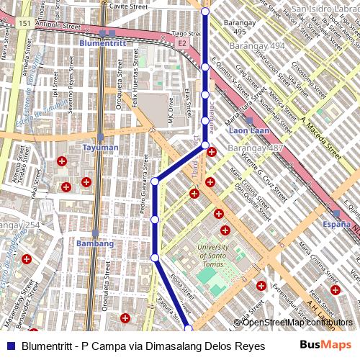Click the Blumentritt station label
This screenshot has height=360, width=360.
[x=102, y=43]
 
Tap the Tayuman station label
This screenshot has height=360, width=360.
[x=100, y=148]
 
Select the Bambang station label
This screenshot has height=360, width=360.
[x=95, y=243]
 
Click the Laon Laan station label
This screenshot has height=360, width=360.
[x=249, y=132]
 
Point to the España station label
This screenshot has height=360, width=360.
[x=336, y=225]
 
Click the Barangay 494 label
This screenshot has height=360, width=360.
[x=257, y=46]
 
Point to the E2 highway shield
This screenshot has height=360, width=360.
[x=182, y=43]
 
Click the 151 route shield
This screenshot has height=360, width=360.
[x=25, y=24]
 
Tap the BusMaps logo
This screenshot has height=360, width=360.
[x=327, y=345]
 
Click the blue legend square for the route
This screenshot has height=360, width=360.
[x=11, y=346]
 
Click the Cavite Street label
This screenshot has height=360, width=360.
[x=129, y=6]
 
